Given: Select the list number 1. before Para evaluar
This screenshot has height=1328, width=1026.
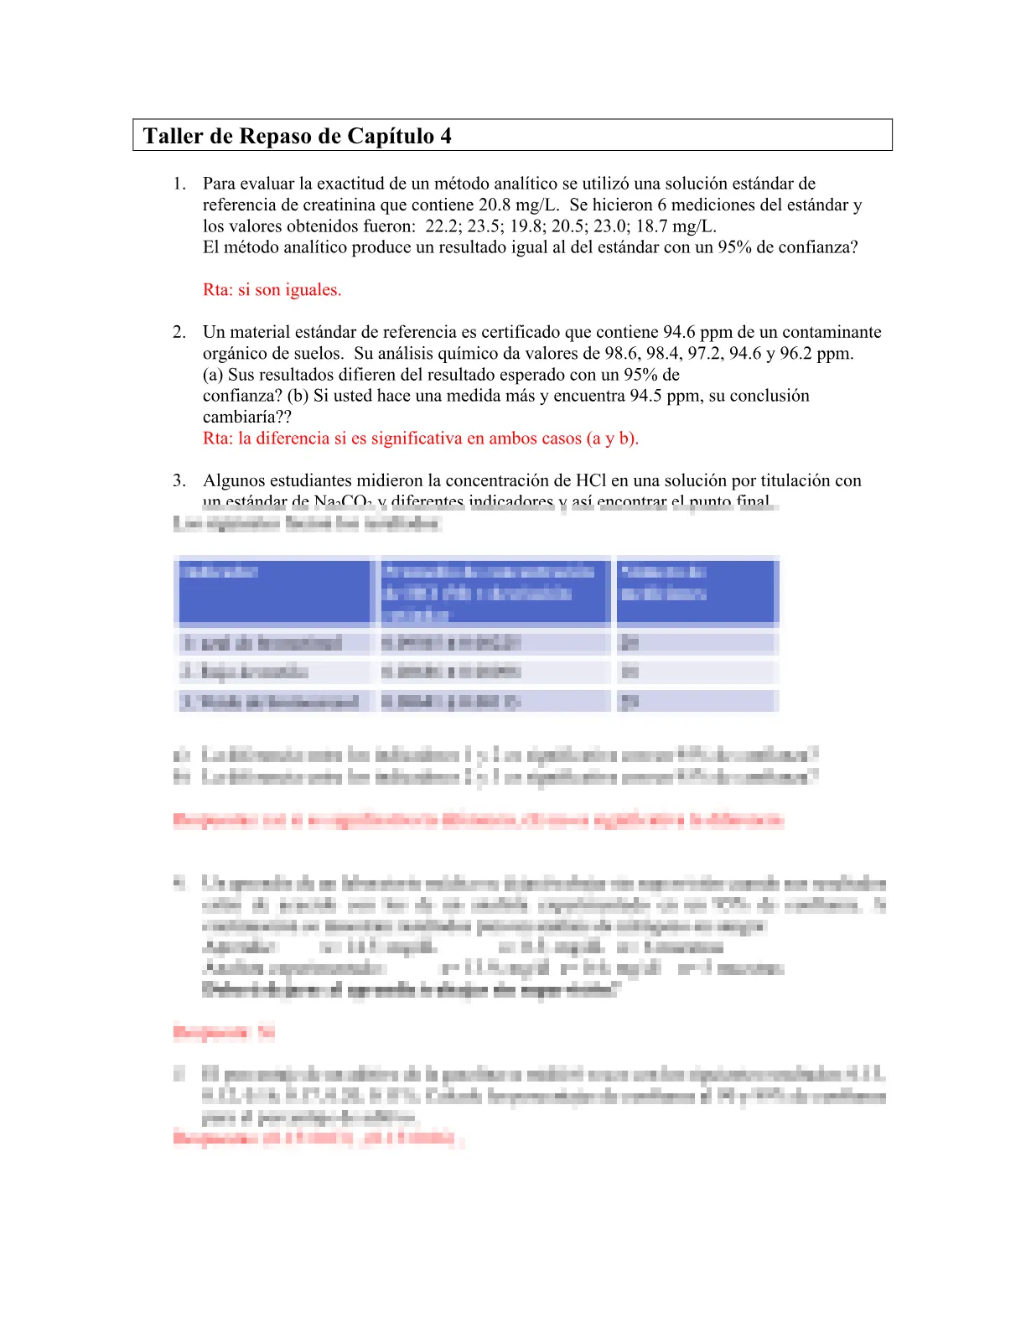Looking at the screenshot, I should coord(179,184).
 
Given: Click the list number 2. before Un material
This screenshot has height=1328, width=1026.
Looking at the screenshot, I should coord(179,332).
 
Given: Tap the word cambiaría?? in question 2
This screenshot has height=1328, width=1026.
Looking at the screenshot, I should coord(246,417).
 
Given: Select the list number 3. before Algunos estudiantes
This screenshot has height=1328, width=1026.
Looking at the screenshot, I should coord(179,480).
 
